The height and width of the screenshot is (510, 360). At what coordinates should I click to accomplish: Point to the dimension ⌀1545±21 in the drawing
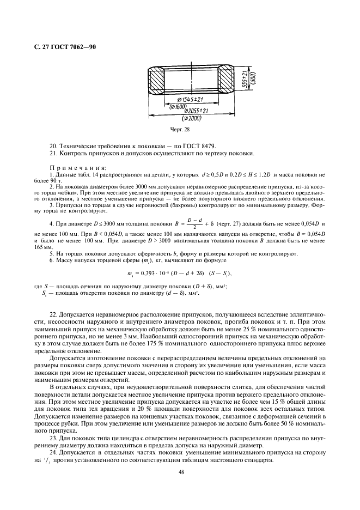point(189,99)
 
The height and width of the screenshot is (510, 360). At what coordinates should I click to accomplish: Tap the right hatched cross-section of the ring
point(225,81)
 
